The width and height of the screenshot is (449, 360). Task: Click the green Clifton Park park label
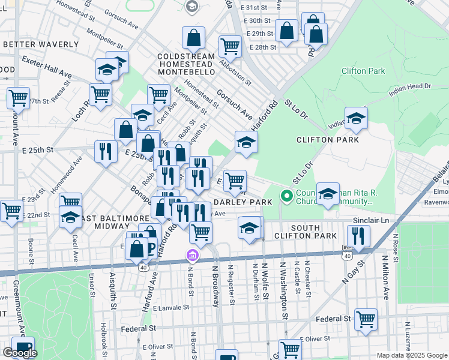[363, 71]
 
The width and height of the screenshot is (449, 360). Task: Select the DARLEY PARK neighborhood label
[239, 202]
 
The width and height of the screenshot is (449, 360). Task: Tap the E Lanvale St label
[171, 307]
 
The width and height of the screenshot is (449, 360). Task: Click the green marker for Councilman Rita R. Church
[287, 196]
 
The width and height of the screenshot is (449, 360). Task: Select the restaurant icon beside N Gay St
[358, 237]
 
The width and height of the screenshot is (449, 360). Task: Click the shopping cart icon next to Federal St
[366, 319]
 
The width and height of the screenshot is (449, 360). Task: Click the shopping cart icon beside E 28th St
[229, 46]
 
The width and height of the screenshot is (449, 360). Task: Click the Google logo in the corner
[20, 353]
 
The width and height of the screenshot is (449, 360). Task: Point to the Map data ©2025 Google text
[411, 355]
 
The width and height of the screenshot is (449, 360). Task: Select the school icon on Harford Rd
[246, 142]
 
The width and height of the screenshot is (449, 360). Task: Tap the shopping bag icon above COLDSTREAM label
[194, 39]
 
